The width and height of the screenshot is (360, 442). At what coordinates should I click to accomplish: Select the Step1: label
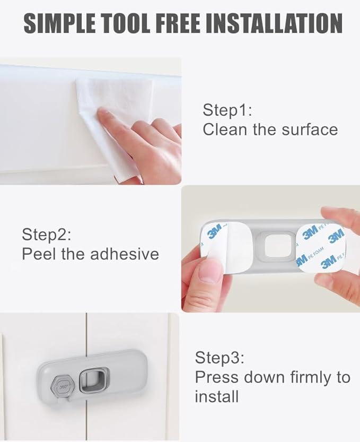(227, 110)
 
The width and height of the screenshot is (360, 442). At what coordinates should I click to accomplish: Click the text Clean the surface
(270, 129)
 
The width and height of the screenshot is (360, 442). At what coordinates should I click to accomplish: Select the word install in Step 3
(217, 396)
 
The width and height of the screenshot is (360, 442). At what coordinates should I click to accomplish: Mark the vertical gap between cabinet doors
(85, 340)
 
